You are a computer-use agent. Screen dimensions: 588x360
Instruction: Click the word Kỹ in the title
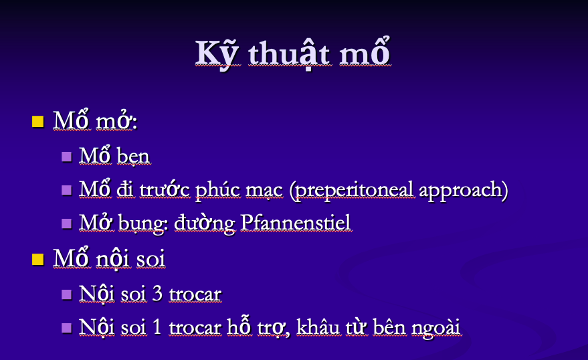216,55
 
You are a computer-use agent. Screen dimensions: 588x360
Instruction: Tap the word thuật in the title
289,54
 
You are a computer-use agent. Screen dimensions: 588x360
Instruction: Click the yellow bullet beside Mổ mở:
38,122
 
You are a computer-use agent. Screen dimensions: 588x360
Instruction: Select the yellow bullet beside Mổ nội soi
38,259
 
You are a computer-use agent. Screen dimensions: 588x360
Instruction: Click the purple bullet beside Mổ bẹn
66,157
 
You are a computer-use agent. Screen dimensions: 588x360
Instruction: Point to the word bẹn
133,156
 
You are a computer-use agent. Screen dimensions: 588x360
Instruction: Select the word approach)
464,191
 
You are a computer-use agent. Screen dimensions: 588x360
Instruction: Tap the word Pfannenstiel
295,222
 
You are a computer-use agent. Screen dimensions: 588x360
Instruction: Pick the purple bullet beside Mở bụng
66,223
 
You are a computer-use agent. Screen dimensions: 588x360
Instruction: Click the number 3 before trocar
157,293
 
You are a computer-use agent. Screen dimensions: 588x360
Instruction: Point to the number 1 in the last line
157,327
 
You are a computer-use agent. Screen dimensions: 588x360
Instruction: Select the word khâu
318,327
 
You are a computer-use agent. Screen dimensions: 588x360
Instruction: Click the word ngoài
435,327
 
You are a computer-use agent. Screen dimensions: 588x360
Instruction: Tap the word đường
205,223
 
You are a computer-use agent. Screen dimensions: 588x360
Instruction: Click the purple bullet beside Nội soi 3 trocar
66,294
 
